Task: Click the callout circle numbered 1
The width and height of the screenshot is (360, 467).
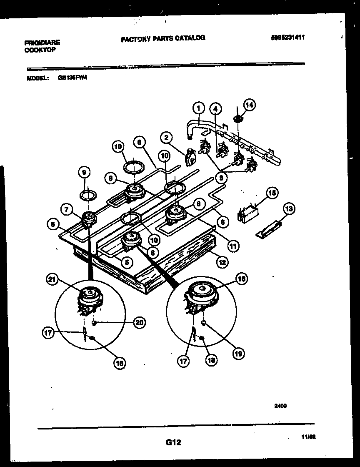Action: pos(198,108)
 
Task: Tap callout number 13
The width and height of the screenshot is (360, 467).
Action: pos(288,209)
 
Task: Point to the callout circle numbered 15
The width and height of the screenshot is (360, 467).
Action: pos(272,193)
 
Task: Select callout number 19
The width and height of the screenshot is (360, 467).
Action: pos(238,354)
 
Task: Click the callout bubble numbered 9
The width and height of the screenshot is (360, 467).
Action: pos(84,172)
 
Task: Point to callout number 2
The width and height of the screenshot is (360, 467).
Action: pos(166,137)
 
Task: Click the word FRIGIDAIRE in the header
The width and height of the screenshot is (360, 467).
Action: pos(42,43)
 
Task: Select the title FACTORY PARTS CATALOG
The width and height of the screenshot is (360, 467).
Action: pos(163,38)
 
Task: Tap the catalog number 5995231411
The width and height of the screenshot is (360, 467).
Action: pos(288,37)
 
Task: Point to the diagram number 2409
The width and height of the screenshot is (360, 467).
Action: pos(280,405)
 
